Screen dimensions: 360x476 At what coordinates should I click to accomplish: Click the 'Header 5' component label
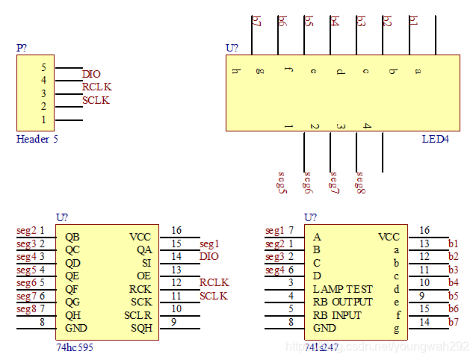[37, 139]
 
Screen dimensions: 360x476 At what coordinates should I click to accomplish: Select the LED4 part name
[436, 139]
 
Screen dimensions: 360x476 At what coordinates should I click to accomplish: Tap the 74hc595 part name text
[75, 347]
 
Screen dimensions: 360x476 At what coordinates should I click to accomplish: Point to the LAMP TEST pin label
[342, 289]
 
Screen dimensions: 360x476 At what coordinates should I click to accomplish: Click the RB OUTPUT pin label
[342, 302]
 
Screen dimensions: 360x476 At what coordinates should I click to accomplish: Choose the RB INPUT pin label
[338, 315]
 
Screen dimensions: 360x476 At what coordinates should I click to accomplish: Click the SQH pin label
[141, 328]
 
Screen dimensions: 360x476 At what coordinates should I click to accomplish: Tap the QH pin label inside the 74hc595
[72, 315]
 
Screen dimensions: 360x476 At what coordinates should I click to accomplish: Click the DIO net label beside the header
[91, 74]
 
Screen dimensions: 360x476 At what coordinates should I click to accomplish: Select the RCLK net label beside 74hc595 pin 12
[214, 282]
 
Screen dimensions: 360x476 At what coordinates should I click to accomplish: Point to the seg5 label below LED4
[282, 182]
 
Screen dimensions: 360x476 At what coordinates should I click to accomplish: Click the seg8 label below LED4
[361, 182]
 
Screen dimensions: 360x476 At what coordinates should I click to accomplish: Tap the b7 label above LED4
[257, 21]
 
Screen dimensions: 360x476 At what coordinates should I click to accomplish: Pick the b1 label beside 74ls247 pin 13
[453, 243]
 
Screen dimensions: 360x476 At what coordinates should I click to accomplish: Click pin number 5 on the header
[43, 67]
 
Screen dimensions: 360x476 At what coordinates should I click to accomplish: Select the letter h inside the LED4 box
[235, 72]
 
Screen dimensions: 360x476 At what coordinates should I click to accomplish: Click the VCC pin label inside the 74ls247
[389, 237]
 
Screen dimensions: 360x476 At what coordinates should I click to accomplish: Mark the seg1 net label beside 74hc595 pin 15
[210, 243]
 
